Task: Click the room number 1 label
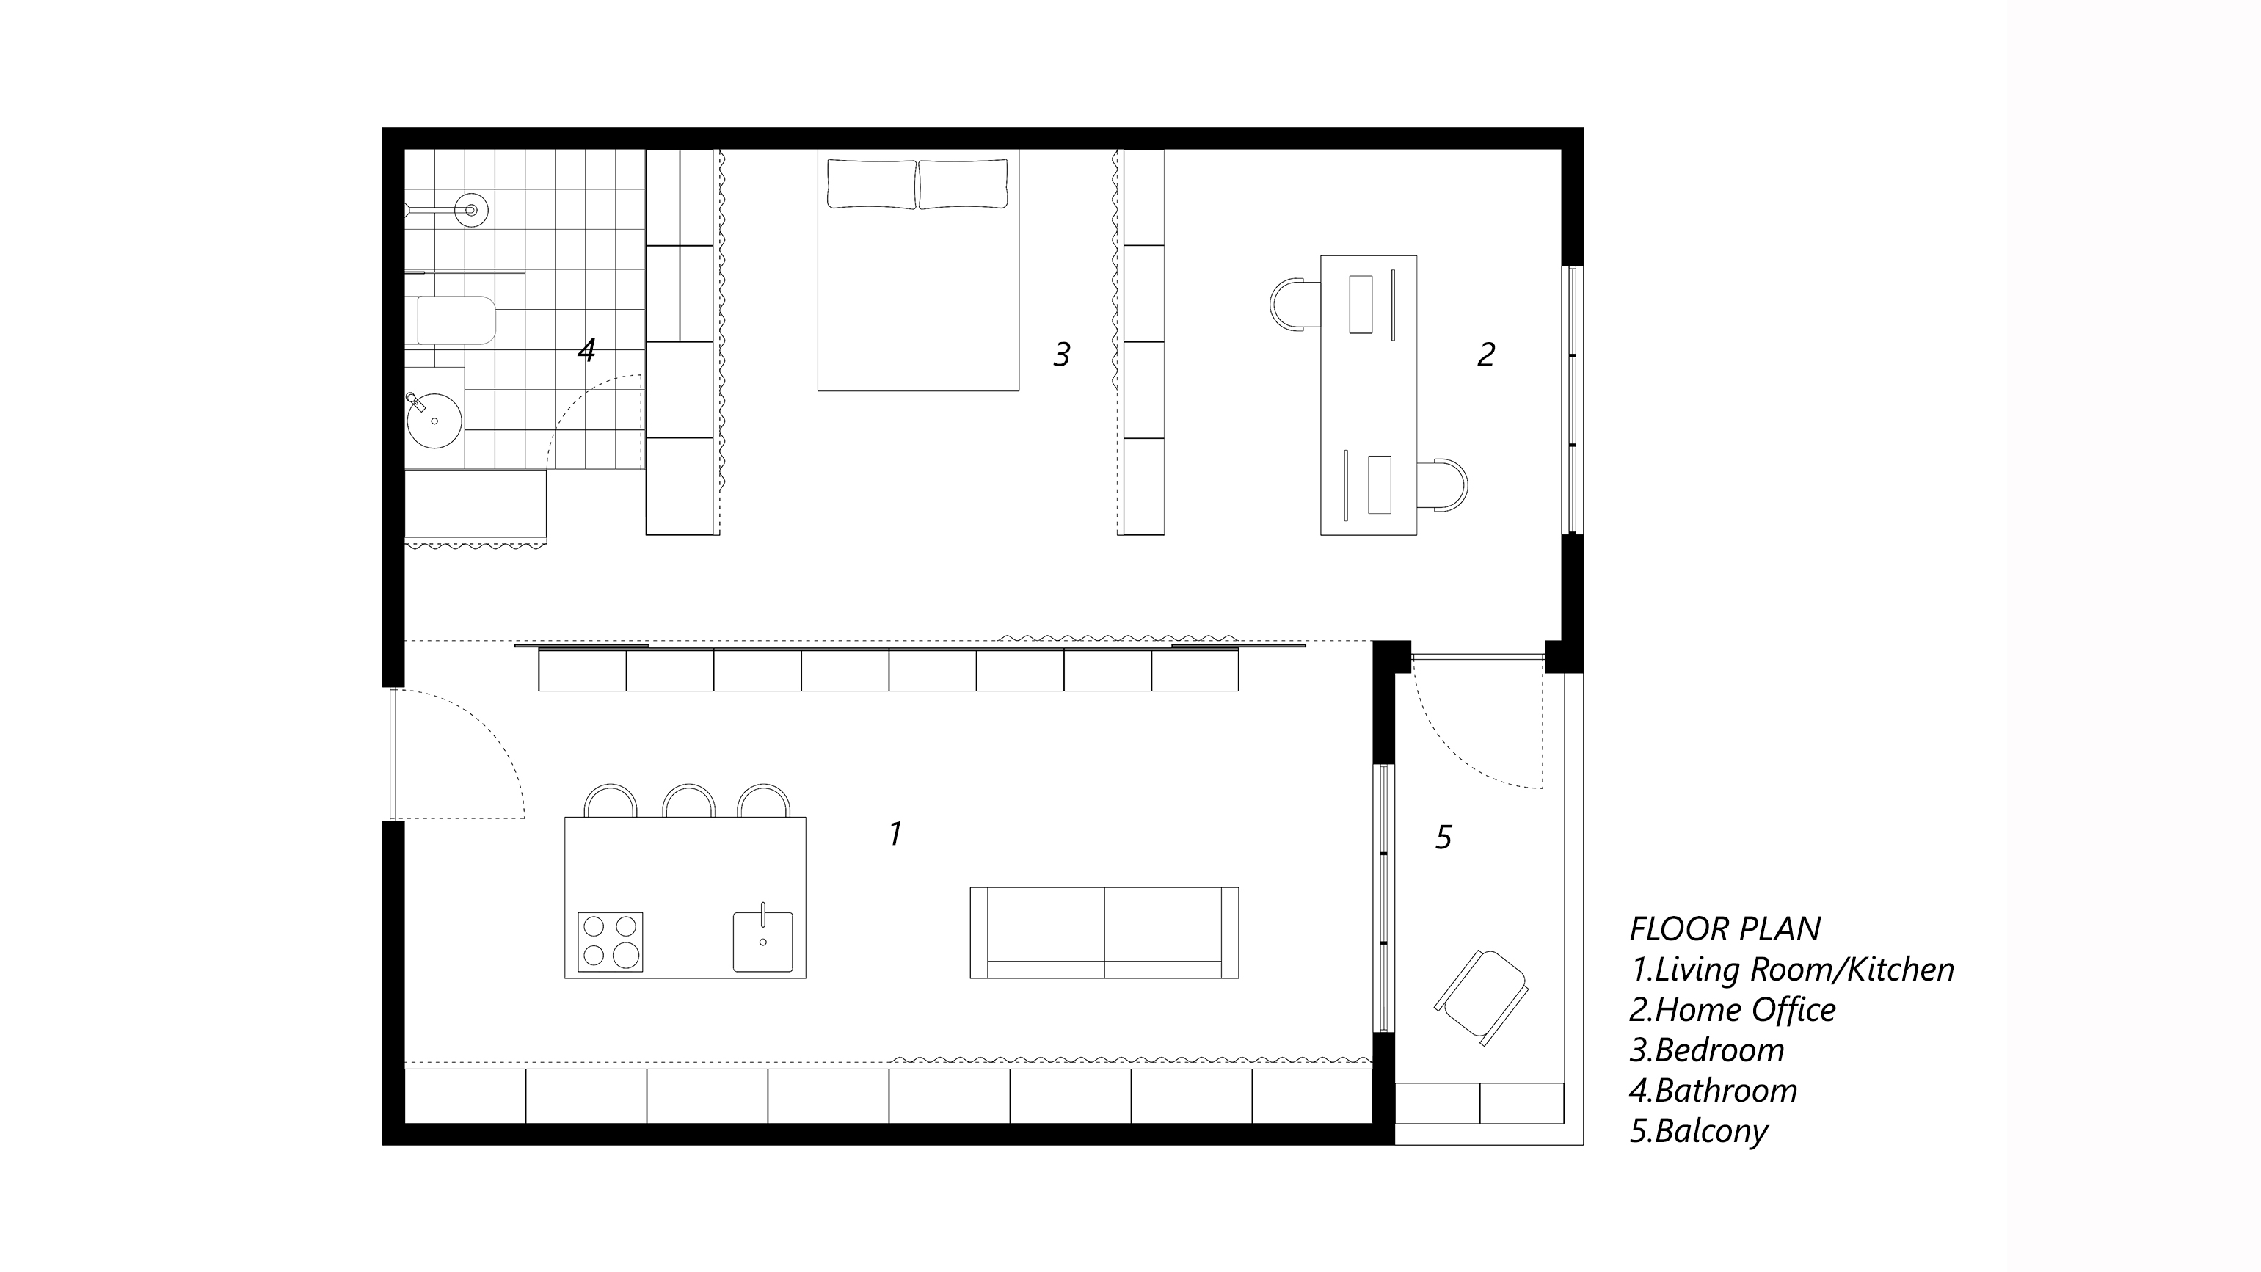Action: [x=895, y=833]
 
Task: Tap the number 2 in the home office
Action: [x=1486, y=355]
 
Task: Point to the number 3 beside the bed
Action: [x=1062, y=355]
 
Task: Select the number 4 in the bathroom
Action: [x=586, y=350]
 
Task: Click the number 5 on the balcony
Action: [x=1443, y=837]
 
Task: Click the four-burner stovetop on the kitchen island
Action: [x=610, y=942]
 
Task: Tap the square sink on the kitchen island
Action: [x=762, y=940]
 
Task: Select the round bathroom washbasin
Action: [x=434, y=421]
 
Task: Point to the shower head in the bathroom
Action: [x=470, y=210]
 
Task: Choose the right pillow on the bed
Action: [x=963, y=183]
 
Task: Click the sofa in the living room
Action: [x=1104, y=932]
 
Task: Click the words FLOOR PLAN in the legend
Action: [x=1725, y=928]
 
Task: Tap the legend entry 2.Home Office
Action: [x=1733, y=1009]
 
